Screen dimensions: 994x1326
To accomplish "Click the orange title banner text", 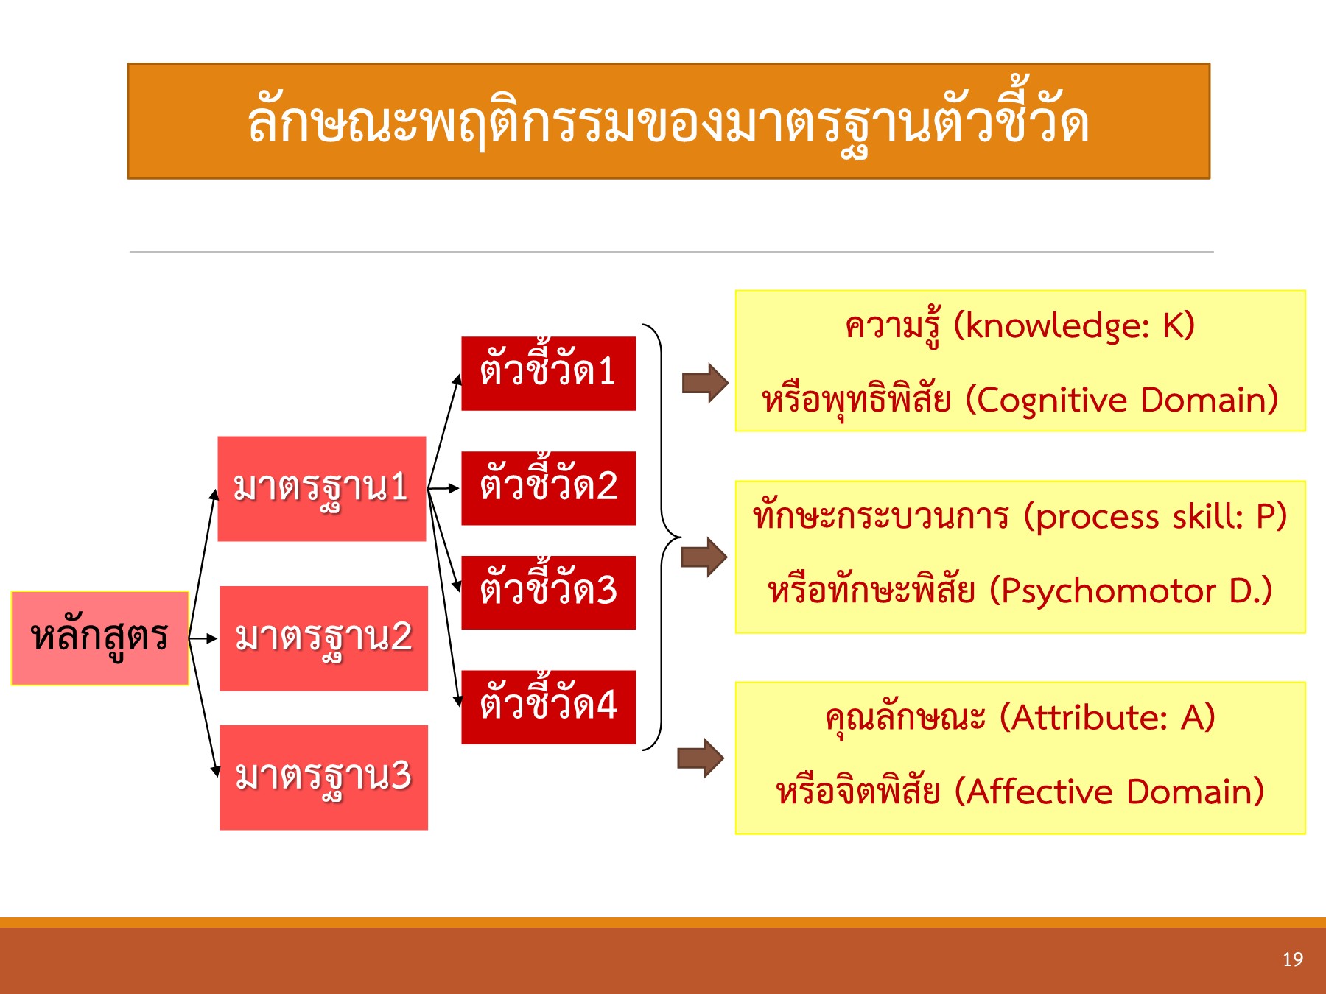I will [x=667, y=122].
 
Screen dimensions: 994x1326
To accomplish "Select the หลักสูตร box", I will [x=100, y=638].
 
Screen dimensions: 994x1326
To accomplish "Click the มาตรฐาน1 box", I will [x=322, y=489].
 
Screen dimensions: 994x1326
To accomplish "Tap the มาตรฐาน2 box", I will [x=323, y=638].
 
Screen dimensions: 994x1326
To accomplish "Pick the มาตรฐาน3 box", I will [x=323, y=778].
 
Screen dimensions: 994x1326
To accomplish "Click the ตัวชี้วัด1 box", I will [x=548, y=373].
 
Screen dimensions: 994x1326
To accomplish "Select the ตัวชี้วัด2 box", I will [x=548, y=488].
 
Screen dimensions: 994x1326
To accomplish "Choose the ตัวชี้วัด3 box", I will [x=548, y=593].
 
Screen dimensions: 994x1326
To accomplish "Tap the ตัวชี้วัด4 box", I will [x=548, y=707].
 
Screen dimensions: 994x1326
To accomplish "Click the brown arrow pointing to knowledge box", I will [x=705, y=383].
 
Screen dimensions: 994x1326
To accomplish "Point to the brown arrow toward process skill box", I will [x=704, y=557].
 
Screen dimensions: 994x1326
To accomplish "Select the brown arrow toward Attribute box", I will [x=701, y=758].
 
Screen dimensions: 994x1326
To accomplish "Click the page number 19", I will [x=1292, y=959].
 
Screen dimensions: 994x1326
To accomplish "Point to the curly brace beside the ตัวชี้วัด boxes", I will [x=661, y=537].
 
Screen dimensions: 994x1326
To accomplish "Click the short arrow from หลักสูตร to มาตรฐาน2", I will [x=203, y=638].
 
